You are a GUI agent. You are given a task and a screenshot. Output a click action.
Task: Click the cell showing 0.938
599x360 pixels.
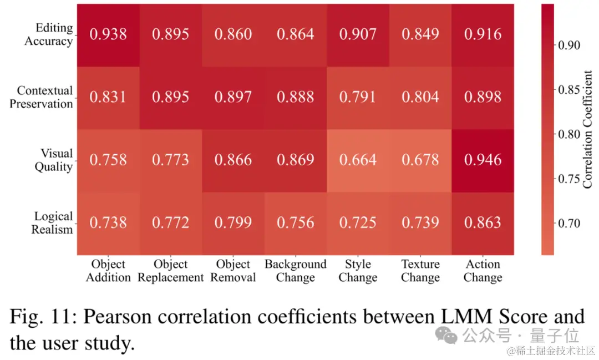[108, 34]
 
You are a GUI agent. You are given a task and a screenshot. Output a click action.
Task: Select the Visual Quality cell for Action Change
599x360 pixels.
[483, 160]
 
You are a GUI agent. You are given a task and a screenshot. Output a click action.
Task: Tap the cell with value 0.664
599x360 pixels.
[358, 160]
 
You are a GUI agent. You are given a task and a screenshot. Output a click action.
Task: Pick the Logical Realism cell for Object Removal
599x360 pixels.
[233, 223]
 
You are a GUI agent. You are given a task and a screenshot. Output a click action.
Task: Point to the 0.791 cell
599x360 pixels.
[358, 97]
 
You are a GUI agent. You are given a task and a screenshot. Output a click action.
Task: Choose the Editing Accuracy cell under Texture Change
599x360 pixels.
[420, 34]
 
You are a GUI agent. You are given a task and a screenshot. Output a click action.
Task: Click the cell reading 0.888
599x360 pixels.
[296, 97]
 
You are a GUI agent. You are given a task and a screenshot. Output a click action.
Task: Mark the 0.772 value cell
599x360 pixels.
[171, 223]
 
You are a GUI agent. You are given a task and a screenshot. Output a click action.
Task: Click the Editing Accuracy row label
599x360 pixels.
[48, 34]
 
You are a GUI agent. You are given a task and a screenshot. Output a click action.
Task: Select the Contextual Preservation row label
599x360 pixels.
[41, 97]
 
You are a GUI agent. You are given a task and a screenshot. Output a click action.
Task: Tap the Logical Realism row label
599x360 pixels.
[52, 223]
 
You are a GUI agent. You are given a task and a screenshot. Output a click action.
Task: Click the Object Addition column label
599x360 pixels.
[108, 271]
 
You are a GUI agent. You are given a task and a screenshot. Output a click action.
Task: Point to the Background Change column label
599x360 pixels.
[296, 271]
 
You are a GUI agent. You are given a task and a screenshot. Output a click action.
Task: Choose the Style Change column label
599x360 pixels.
[358, 271]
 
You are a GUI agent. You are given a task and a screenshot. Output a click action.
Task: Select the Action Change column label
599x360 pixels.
[483, 271]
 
